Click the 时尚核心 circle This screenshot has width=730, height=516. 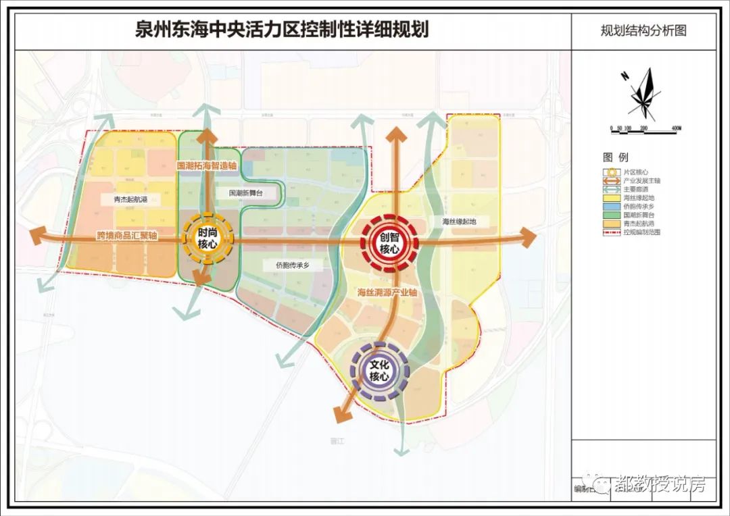coord(208,238)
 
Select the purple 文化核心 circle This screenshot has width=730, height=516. coord(379,371)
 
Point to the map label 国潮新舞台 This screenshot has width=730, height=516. coord(246,193)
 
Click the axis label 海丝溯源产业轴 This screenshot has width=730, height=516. coord(387,293)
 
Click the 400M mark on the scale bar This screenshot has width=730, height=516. coord(676,128)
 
